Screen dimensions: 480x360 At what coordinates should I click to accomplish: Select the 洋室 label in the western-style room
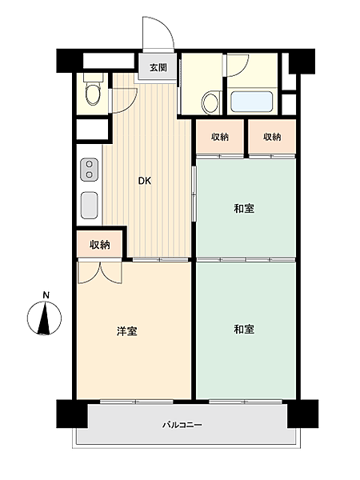(x=126, y=330)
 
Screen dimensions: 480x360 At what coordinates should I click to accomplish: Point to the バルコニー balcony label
(x=183, y=424)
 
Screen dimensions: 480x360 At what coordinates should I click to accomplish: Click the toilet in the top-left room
(x=93, y=92)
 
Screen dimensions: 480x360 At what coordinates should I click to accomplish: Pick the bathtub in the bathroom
(x=253, y=102)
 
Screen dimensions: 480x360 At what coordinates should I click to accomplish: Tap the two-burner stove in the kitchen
(x=89, y=170)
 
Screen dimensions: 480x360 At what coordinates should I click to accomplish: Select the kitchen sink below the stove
(x=89, y=204)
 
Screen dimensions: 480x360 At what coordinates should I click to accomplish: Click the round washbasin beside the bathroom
(x=211, y=102)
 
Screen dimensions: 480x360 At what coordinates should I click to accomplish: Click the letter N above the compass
(x=46, y=295)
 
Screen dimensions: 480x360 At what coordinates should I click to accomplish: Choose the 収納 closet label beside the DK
(x=100, y=244)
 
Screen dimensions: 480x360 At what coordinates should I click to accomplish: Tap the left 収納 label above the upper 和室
(x=221, y=138)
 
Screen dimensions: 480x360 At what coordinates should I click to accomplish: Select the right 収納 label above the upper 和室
(x=272, y=138)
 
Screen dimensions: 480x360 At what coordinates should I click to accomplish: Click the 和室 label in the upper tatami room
(x=245, y=210)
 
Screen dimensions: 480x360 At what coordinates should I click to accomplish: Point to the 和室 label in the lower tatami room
(x=245, y=329)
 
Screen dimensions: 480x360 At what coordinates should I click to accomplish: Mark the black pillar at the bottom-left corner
(x=71, y=414)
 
